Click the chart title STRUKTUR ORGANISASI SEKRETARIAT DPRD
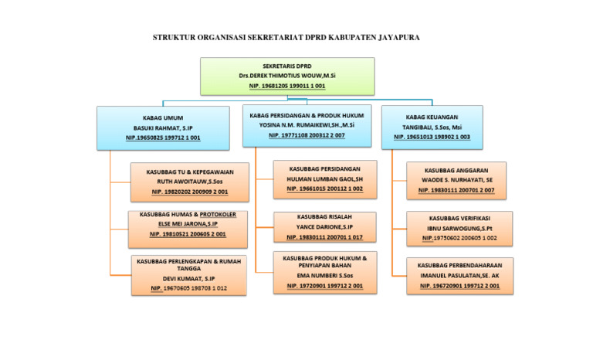pos(286,38)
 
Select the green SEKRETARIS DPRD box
pos(286,76)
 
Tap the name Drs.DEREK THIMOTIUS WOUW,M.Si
pos(286,76)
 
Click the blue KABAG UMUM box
pos(163,127)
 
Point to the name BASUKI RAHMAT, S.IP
pos(163,127)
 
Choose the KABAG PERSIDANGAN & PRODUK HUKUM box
pos(307,125)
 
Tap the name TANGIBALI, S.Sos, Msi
pos(432,127)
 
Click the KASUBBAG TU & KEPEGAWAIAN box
pos(190,180)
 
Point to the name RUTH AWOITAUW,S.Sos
pos(190,180)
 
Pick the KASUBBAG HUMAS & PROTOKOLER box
pos(188,224)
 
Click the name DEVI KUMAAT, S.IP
pos(188,279)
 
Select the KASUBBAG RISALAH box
pos(324,227)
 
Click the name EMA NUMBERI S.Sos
pos(324,276)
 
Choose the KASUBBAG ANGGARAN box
pos(456,180)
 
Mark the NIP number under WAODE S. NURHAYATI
pos(456,189)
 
